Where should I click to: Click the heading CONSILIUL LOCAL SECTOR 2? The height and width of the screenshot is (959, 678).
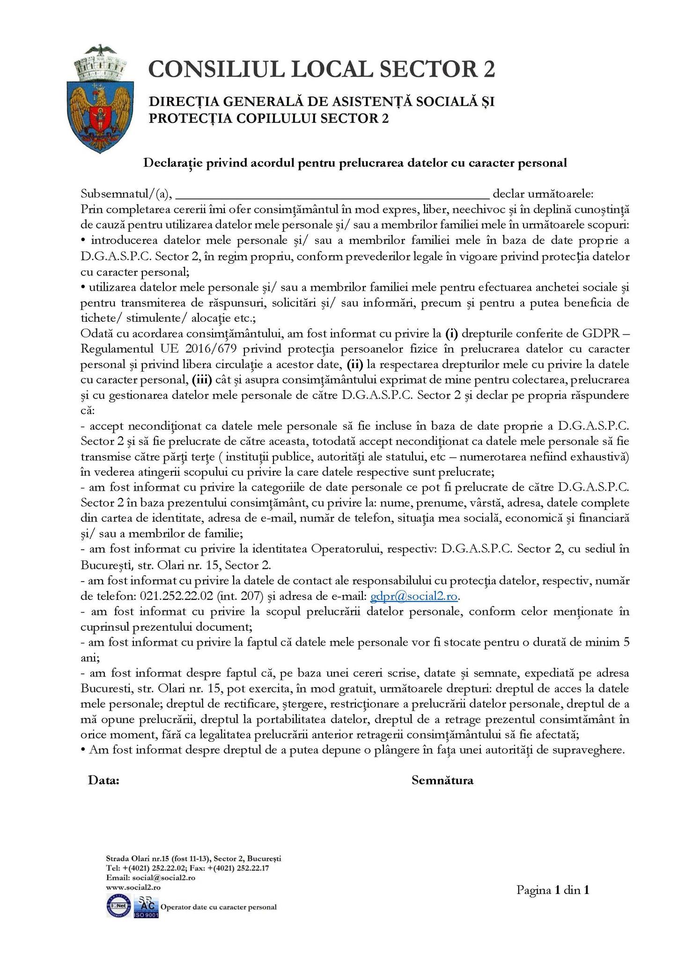(321, 69)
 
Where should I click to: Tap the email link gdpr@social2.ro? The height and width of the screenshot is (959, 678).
(414, 596)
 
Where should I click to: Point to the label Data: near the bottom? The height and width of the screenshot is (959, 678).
(103, 781)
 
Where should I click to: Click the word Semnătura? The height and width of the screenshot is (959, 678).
(442, 781)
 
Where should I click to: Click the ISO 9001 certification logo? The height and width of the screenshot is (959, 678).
(147, 907)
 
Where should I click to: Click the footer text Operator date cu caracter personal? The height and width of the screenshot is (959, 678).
(219, 907)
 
